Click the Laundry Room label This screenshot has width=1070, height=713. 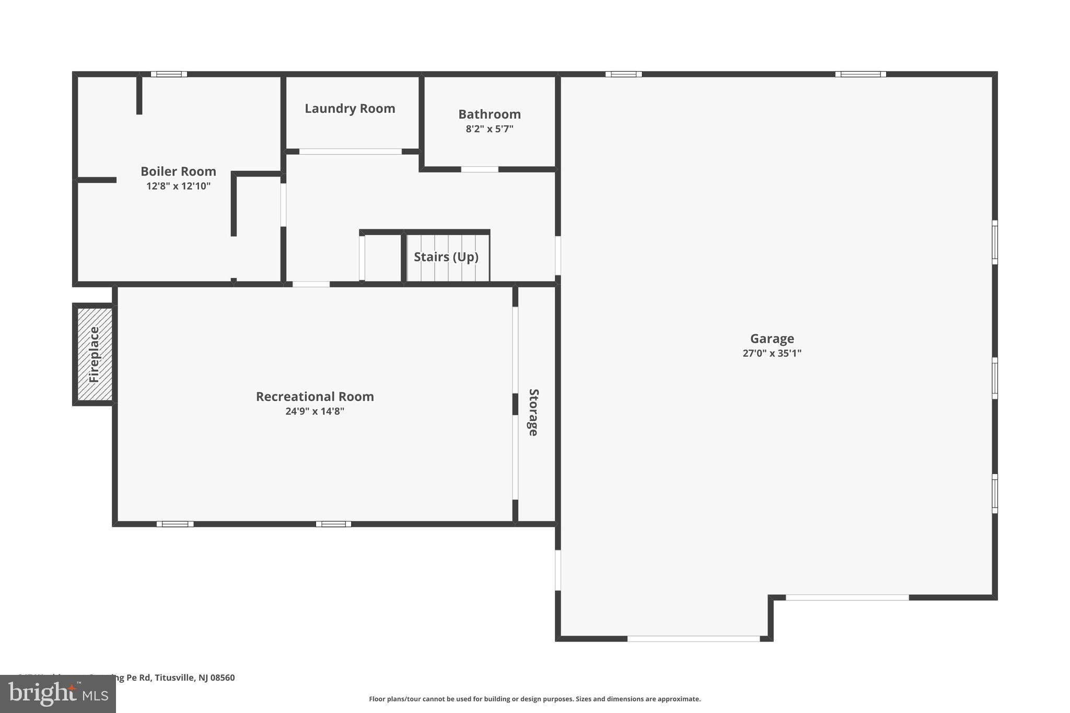[350, 109]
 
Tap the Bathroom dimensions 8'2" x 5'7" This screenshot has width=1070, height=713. [490, 129]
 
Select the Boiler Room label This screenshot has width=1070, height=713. [178, 171]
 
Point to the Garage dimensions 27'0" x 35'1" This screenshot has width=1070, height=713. [772, 353]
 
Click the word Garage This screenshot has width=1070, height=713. [772, 338]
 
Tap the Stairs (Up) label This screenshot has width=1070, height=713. [446, 257]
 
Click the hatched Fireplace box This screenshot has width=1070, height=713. [95, 354]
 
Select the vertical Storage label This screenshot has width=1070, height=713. [533, 412]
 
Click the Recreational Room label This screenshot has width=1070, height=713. [315, 396]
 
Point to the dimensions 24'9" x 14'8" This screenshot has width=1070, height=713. [315, 411]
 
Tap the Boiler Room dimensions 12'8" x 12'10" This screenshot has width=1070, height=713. [178, 186]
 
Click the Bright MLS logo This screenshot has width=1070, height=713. [57, 694]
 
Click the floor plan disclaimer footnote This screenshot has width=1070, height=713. [534, 699]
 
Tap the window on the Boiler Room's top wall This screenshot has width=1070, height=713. [169, 74]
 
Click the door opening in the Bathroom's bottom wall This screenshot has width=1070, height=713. [479, 169]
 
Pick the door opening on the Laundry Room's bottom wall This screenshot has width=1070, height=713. [350, 151]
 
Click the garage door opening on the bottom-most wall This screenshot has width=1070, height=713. [693, 638]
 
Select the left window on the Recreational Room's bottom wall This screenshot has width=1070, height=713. [175, 524]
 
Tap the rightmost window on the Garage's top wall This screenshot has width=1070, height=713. [860, 74]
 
